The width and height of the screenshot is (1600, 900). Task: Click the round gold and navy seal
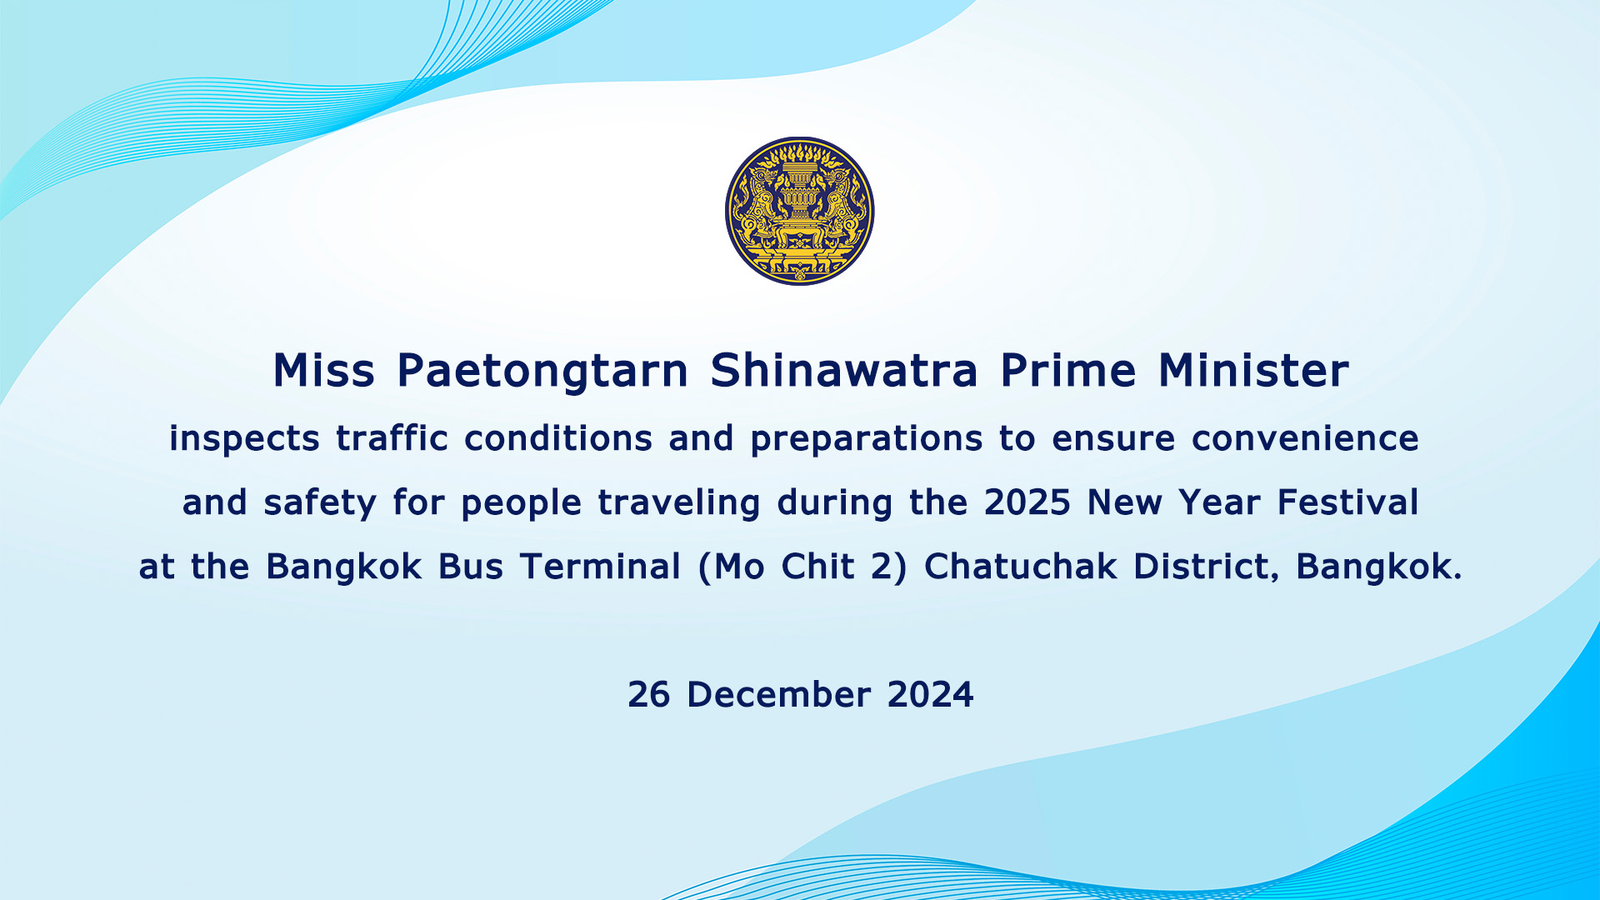(800, 211)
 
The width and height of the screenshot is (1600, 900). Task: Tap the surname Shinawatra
(844, 370)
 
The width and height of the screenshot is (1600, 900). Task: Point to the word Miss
(323, 370)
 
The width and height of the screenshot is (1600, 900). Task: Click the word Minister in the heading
(1253, 370)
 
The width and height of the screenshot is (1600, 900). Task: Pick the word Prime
(1068, 370)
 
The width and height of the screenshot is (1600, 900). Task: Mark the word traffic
(392, 437)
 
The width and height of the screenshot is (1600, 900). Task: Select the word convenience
(1305, 438)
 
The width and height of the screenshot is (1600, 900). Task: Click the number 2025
(1027, 502)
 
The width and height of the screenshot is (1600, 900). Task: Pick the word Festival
(1347, 502)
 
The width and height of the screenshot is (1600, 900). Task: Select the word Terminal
(601, 567)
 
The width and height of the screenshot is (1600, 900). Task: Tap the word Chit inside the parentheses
(817, 567)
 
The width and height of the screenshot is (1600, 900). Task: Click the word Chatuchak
(1021, 567)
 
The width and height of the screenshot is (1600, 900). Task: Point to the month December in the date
(778, 695)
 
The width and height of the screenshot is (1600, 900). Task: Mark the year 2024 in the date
(930, 695)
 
